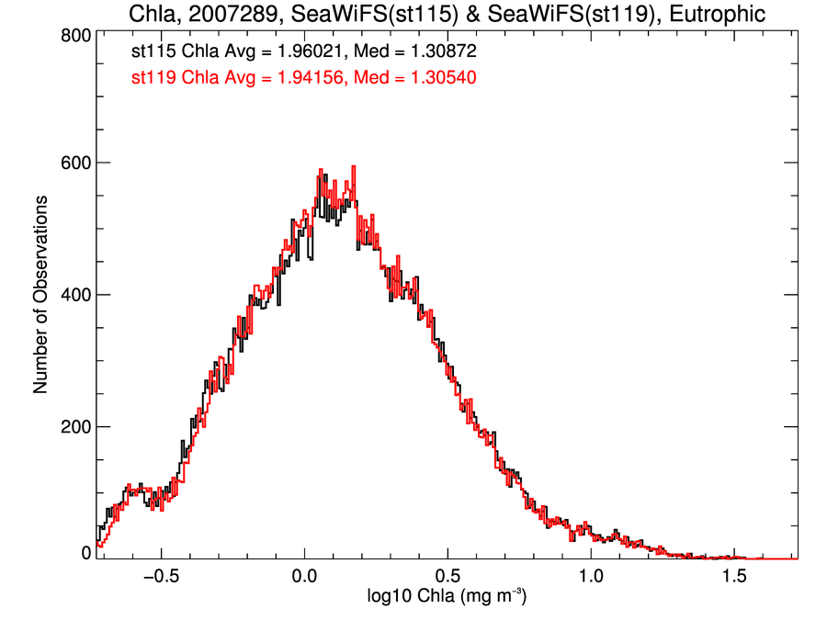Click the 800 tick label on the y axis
click(x=74, y=35)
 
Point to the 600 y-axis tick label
click(x=74, y=163)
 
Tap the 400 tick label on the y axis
click(x=74, y=295)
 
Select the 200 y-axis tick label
click(x=74, y=427)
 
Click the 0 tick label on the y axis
click(x=85, y=552)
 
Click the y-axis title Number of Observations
click(x=41, y=295)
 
